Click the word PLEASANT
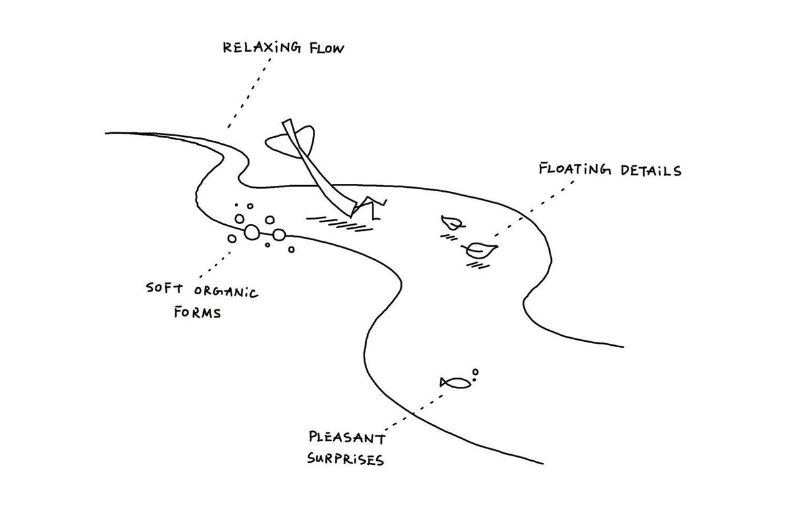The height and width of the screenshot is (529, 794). (x=345, y=438)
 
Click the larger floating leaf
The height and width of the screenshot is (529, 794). (x=481, y=250)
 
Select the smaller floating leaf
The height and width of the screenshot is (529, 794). (x=452, y=224)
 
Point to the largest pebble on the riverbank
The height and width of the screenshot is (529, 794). (x=252, y=232)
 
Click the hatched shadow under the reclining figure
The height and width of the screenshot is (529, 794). (x=340, y=222)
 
